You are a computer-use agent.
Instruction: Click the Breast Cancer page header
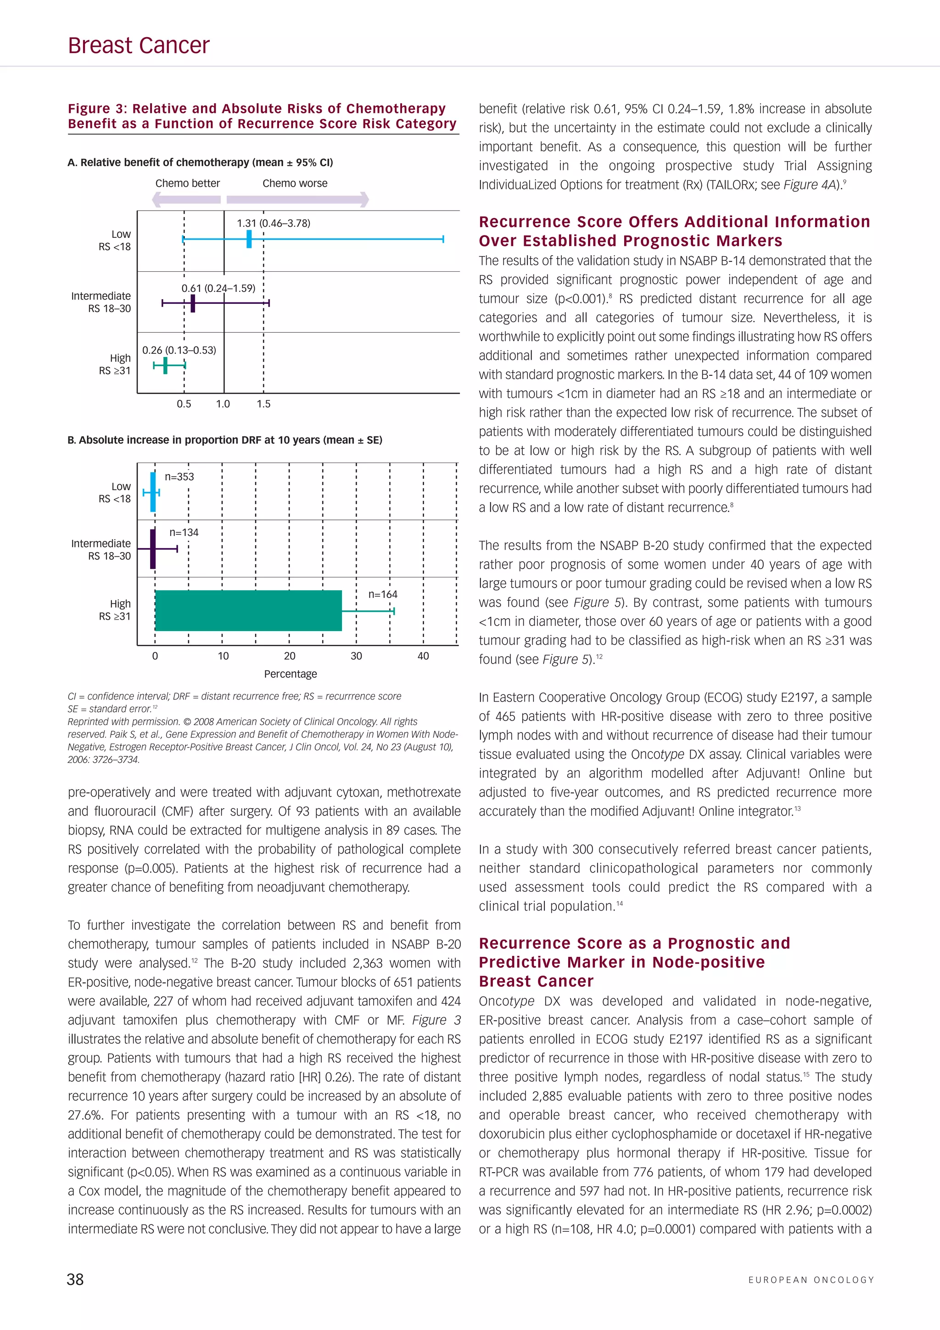(x=139, y=46)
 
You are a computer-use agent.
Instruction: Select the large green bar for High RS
(x=248, y=610)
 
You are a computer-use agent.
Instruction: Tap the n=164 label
(x=383, y=594)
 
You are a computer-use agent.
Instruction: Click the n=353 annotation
(x=179, y=477)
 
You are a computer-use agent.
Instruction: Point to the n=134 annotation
(x=184, y=532)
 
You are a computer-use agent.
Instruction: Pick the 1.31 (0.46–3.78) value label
(x=274, y=223)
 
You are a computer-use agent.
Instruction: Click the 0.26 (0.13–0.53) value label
(x=179, y=351)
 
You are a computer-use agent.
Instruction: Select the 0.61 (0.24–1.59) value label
(x=218, y=289)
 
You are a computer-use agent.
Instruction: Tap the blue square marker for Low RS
(x=249, y=239)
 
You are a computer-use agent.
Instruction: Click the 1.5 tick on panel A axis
(x=263, y=404)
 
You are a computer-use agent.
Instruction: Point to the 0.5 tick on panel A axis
(x=184, y=404)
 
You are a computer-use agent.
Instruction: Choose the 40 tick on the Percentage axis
(x=423, y=656)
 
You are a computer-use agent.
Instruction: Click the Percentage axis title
(x=290, y=674)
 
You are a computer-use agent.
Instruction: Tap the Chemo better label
(x=188, y=184)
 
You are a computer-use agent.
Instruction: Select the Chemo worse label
(x=295, y=184)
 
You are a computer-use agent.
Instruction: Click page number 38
(x=75, y=1280)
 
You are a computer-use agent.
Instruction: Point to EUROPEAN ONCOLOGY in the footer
(x=811, y=1280)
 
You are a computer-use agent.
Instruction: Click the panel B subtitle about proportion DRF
(x=225, y=440)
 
